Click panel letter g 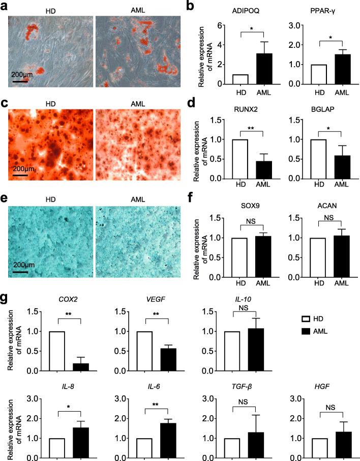point(5,296)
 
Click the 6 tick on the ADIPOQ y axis point(220,25)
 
